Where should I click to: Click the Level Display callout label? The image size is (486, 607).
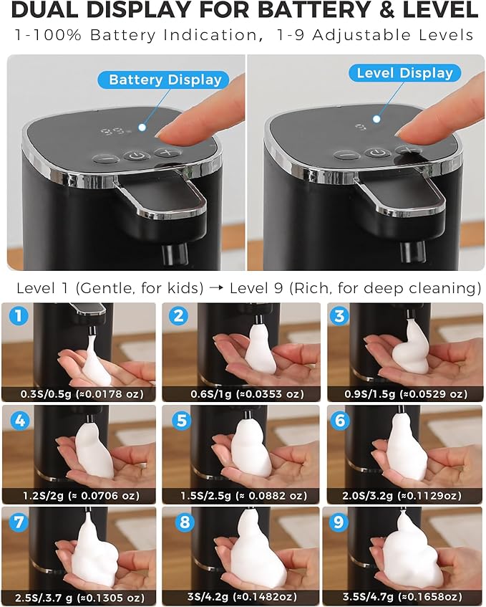pos(404,73)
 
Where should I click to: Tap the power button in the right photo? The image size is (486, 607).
pos(377,153)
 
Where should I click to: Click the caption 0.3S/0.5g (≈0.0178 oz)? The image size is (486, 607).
pos(78,393)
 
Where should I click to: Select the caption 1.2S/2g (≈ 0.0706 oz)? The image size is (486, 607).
pos(78,496)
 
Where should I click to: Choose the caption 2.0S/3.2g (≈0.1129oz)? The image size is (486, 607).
pos(404,496)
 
